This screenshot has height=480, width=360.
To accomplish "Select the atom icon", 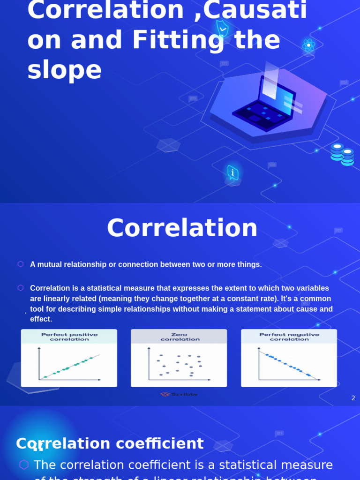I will tap(308, 45).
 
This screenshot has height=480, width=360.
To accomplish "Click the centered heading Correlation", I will tap(182, 228).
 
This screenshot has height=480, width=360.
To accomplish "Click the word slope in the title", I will tap(65, 70).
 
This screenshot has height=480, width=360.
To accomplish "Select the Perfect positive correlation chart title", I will tap(69, 337).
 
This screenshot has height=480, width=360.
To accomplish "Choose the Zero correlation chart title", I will tap(180, 337).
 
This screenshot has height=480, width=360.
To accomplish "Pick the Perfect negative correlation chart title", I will tap(289, 337).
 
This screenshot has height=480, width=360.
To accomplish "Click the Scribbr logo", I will tap(179, 394).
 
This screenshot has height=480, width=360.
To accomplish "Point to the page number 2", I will tap(353, 398).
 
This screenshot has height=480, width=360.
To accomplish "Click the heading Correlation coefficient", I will tap(110, 443).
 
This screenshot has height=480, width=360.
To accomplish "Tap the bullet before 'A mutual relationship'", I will tap(21, 264).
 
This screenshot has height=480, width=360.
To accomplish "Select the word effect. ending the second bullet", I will tap(41, 319).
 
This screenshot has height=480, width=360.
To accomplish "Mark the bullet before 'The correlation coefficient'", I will tap(24, 465).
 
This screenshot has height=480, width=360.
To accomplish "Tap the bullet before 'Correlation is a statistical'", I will tap(21, 288).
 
